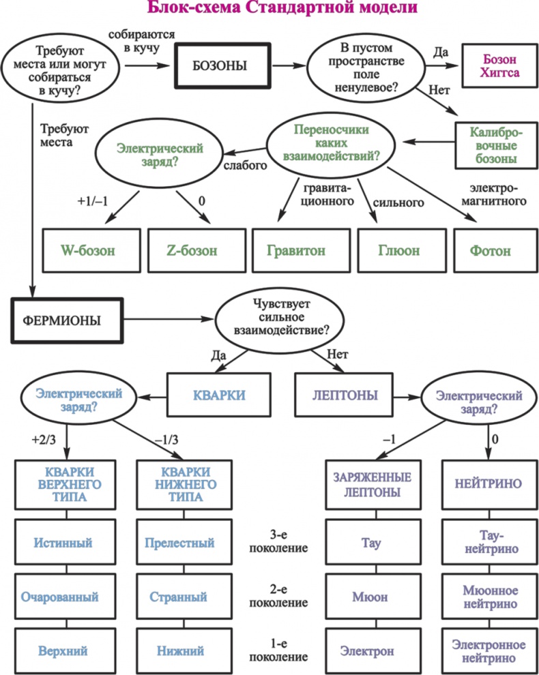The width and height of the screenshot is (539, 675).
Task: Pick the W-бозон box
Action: (88, 250)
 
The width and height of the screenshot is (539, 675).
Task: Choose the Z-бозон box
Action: (192, 250)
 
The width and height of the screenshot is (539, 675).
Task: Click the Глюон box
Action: (399, 250)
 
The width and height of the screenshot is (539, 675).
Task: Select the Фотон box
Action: (490, 250)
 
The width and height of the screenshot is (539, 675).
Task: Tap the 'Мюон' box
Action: (370, 597)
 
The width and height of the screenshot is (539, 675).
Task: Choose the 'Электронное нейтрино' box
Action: (489, 651)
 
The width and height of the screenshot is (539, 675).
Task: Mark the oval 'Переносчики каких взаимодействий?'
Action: (333, 143)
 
